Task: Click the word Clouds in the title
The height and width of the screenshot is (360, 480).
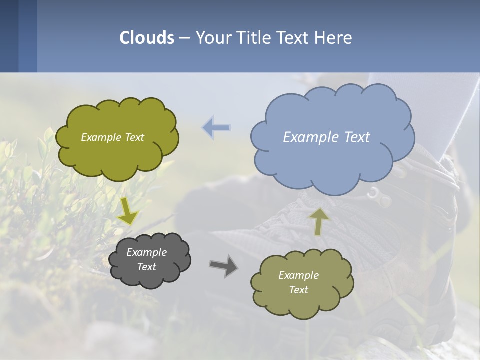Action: (147, 38)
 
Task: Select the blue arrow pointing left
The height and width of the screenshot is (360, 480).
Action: (216, 127)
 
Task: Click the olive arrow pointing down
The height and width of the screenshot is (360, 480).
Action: (128, 211)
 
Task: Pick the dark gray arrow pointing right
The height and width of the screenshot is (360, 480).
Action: (223, 266)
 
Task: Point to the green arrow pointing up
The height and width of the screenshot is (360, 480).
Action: (319, 221)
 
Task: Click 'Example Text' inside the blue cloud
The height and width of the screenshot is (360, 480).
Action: (326, 137)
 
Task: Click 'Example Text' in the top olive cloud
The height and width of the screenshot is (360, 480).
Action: (112, 137)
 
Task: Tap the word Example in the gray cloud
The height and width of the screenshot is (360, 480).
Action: (146, 252)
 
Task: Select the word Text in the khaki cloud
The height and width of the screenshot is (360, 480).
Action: (298, 290)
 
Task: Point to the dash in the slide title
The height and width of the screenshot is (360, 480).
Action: (184, 38)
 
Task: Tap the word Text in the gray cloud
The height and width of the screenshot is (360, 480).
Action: (146, 267)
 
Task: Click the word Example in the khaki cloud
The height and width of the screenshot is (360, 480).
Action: (298, 275)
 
